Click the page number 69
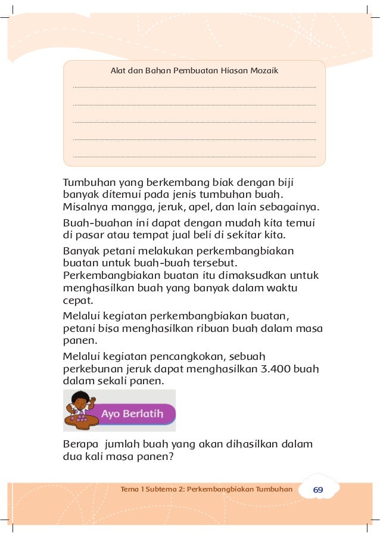point(318,489)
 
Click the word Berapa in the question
point(80,444)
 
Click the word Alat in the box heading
point(119,70)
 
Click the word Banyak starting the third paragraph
point(82,250)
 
